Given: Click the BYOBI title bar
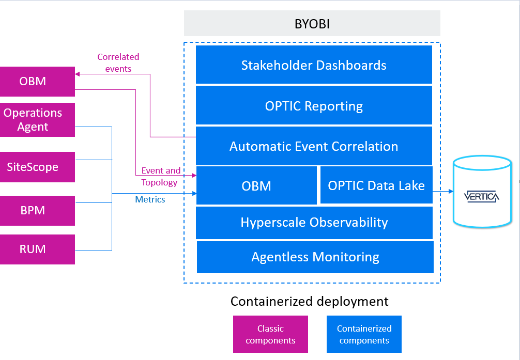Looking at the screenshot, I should (312, 24).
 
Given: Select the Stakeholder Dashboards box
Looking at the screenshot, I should (314, 65).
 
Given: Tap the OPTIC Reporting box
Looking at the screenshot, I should (314, 106).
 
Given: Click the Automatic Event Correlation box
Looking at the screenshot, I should (314, 146).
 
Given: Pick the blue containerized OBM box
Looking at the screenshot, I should (256, 186).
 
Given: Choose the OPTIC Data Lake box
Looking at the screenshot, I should (376, 186).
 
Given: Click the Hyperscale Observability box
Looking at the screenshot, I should (314, 223).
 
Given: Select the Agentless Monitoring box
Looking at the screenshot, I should (315, 257).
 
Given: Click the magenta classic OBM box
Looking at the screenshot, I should (37, 82).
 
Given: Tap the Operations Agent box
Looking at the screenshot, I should (37, 120).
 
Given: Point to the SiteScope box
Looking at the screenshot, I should (37, 167).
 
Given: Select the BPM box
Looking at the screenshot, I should (37, 211).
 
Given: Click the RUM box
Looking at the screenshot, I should (37, 249).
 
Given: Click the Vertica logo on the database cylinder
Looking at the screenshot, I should (481, 196).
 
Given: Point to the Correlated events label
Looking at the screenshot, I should (118, 63).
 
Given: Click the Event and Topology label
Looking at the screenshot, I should (160, 176).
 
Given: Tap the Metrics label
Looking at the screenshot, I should (150, 199).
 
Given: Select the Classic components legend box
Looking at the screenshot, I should (270, 334).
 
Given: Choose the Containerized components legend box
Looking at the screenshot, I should (364, 334).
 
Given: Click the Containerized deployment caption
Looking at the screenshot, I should (309, 301).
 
